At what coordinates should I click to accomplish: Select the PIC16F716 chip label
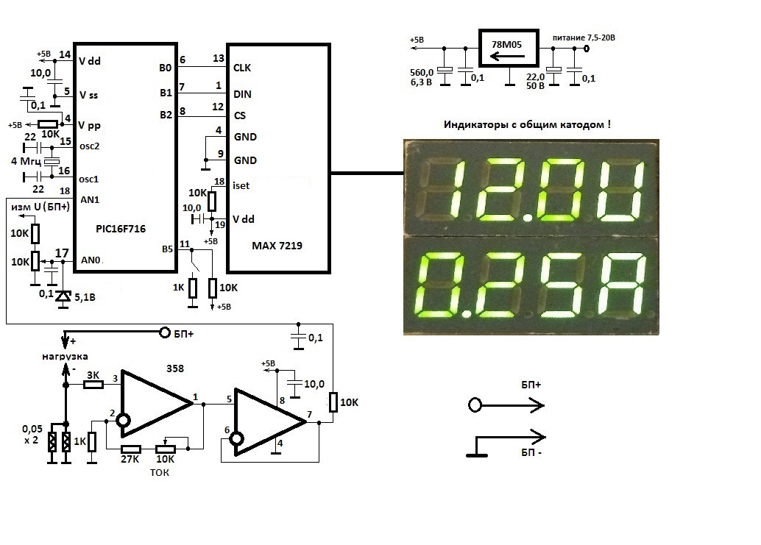[121, 229]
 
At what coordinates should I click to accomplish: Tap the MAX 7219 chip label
[277, 245]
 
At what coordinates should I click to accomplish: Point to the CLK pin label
[242, 68]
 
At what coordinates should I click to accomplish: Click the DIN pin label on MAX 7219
[242, 93]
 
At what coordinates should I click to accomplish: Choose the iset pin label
[241, 185]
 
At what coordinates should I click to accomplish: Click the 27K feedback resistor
[131, 449]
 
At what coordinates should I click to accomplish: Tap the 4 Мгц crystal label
[25, 160]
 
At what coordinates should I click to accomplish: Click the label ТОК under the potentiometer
[159, 472]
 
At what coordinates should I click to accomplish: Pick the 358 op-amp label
[175, 368]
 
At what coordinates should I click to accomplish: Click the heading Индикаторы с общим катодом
[527, 124]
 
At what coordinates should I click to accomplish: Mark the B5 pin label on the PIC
[166, 249]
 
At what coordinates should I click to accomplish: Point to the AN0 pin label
[90, 260]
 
